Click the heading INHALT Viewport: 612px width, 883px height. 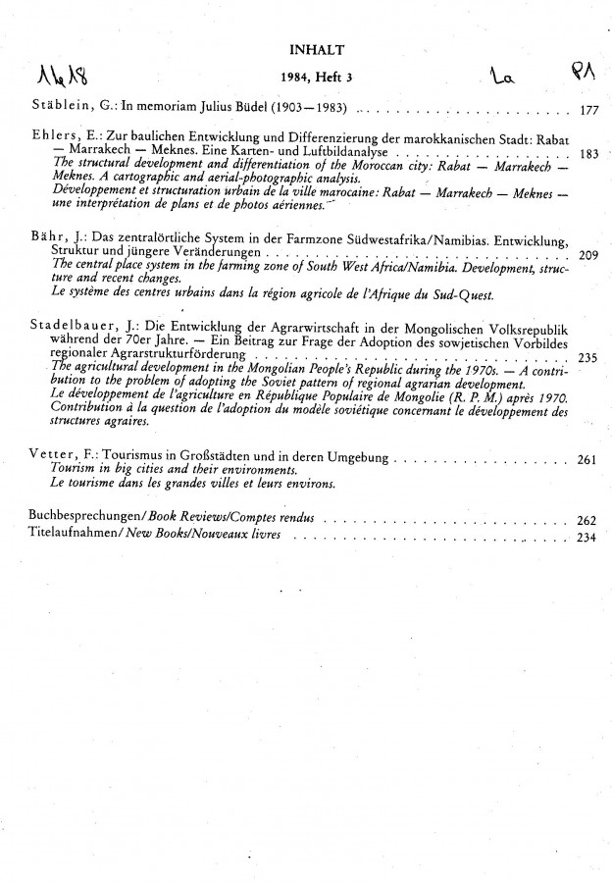pos(316,48)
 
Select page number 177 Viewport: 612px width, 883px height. pos(588,111)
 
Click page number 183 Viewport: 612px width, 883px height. pos(589,154)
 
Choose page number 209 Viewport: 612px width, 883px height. pos(588,255)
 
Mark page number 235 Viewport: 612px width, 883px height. pos(588,356)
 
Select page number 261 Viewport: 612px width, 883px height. pos(588,458)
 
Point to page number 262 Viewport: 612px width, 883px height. pos(588,521)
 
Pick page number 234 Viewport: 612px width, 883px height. pos(588,536)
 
